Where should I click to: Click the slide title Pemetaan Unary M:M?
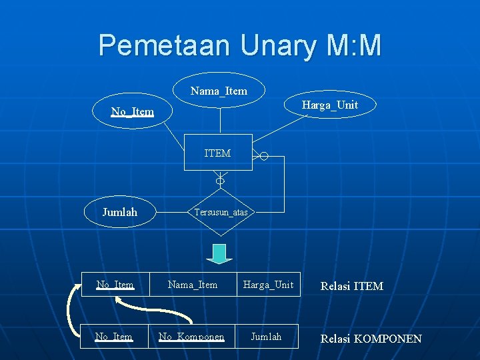[x=240, y=46]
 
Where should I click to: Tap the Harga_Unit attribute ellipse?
[x=329, y=105]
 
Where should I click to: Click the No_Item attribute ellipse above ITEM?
[x=133, y=111]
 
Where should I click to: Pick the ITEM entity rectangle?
[x=218, y=153]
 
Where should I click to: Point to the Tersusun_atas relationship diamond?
[x=221, y=213]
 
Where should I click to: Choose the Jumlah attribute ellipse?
[x=120, y=212]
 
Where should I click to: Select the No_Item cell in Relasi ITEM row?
[x=115, y=285]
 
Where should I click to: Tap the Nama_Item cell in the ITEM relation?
[x=193, y=285]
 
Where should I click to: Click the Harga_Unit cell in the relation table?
[x=268, y=285]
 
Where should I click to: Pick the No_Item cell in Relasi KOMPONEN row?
[x=114, y=337]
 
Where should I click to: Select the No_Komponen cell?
[x=191, y=337]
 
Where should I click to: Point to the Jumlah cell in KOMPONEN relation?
[x=266, y=337]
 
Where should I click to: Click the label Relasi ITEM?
[x=352, y=286]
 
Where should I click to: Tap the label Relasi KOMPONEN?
[x=371, y=339]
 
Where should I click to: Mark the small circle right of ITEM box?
[x=264, y=157]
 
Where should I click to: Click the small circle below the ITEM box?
[x=220, y=181]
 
